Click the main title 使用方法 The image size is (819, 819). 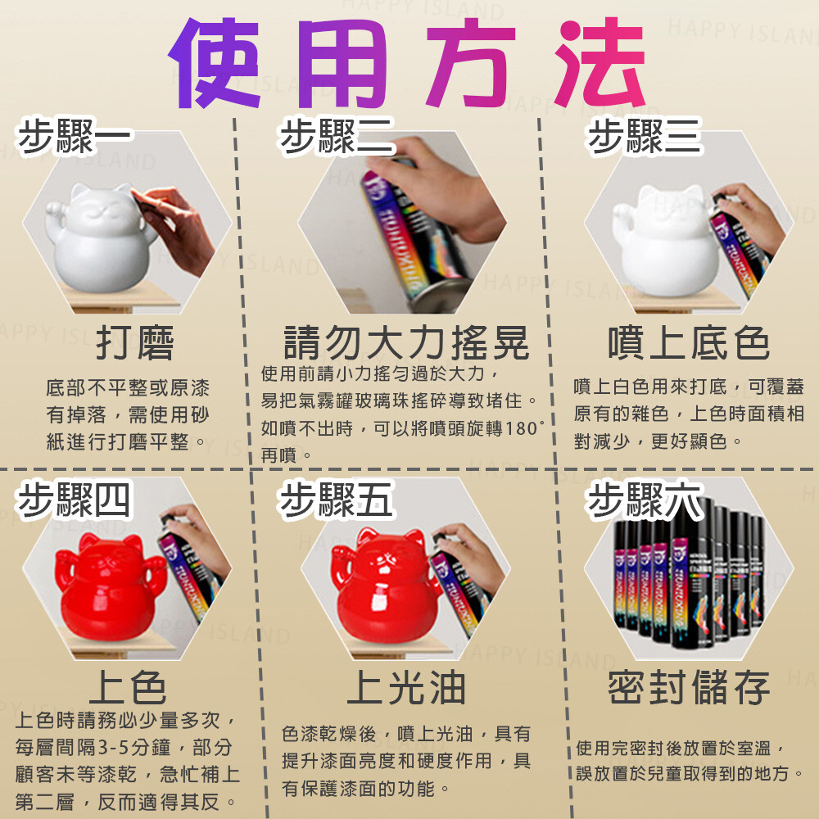tap(407, 63)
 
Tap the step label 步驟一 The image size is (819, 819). tap(74, 137)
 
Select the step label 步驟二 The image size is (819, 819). tap(337, 137)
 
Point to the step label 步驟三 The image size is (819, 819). tap(644, 137)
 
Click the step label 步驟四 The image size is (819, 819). tap(74, 500)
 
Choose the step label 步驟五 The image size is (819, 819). tap(337, 500)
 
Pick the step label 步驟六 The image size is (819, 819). tap(644, 500)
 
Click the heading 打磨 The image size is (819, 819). tap(135, 343)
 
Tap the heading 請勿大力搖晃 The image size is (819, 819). tap(406, 343)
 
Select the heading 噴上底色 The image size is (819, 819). tap(689, 343)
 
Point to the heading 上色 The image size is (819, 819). tap(128, 687)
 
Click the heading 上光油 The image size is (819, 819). tap(406, 687)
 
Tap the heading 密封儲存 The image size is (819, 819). tap(689, 687)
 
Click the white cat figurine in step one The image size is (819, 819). tap(99, 238)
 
